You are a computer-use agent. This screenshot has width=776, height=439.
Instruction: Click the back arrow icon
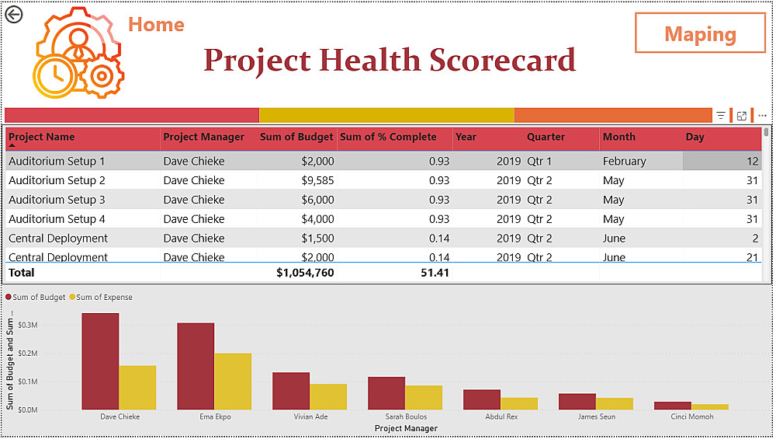coord(14,14)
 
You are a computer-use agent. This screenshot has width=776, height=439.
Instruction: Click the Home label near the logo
coord(156,25)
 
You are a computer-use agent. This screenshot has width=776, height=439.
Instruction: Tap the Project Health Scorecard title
coord(390,61)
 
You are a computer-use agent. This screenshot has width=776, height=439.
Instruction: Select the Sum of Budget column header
coord(296,137)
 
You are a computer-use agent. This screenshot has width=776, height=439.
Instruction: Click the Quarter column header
coord(546,137)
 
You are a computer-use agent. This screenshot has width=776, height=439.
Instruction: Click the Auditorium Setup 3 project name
coord(57,200)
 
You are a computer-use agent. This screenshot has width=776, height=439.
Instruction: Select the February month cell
coord(624,162)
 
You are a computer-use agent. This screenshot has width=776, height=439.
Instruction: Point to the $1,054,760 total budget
coord(305,273)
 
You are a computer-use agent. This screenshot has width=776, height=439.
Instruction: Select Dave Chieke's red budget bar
coord(100,361)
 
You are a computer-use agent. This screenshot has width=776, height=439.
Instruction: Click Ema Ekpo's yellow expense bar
coord(233,382)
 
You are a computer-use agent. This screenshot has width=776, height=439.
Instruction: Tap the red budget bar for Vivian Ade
coord(291,391)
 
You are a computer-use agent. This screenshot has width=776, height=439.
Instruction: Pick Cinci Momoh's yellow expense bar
coord(710,406)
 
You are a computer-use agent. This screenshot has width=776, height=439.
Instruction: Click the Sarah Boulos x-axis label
coord(406,417)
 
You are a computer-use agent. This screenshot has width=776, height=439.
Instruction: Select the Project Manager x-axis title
coord(406,429)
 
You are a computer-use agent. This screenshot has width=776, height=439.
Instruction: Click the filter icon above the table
coord(721,116)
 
